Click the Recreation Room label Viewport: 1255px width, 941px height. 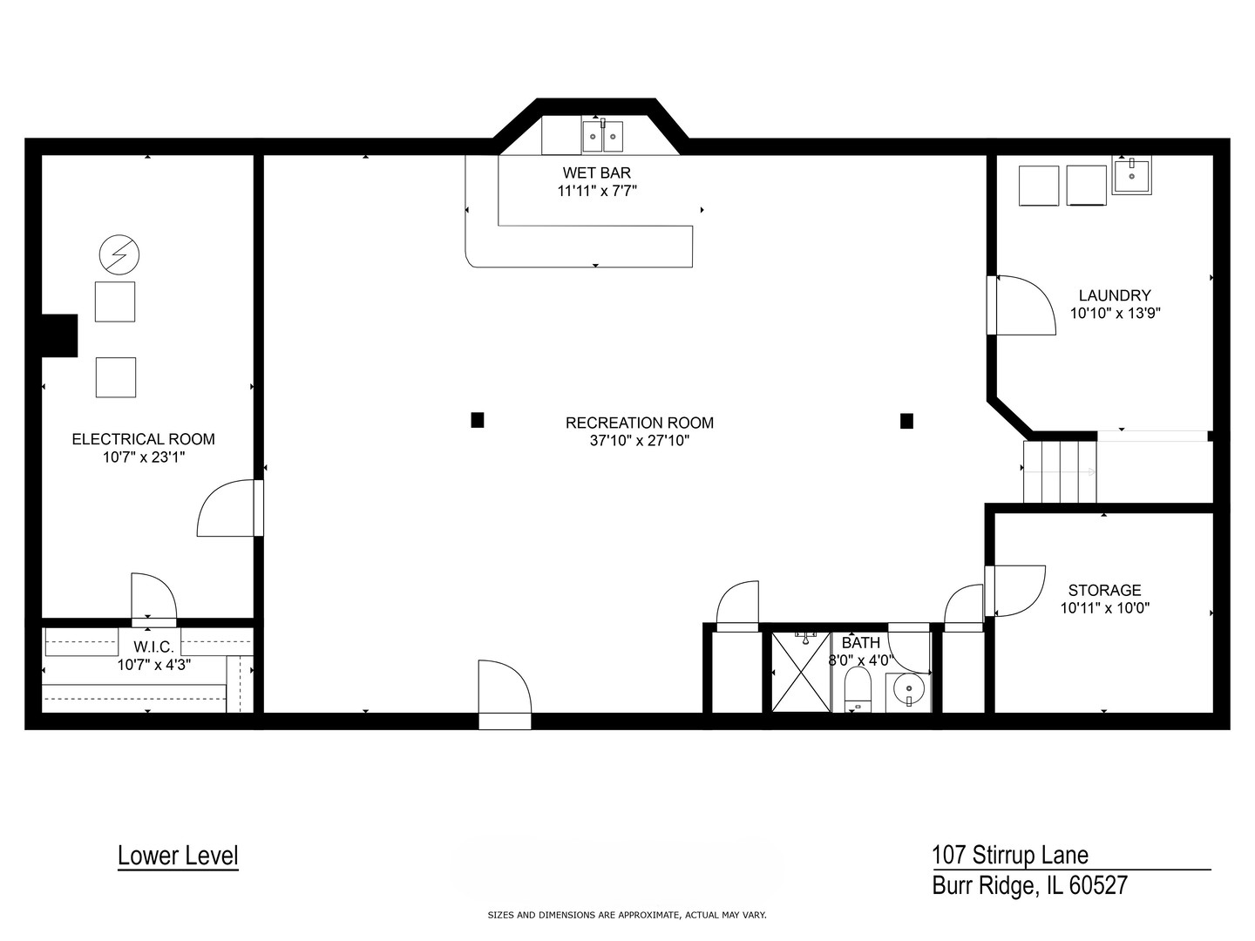pos(639,423)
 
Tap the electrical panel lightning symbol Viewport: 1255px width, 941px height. pos(119,254)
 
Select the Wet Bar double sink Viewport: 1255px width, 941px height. pos(603,136)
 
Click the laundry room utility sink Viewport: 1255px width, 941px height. pos(1131,176)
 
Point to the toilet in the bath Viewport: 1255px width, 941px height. pos(858,691)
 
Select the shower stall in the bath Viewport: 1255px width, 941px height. pos(801,672)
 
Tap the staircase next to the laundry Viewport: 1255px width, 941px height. pos(1060,471)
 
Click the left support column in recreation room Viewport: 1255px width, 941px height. pos(478,420)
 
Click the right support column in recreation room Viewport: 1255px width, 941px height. pos(906,421)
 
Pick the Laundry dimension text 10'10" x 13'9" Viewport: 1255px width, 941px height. pos(1115,313)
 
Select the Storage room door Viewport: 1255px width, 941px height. pos(1015,591)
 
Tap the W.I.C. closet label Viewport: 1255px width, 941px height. pos(153,647)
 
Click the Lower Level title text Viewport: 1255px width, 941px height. pos(178,856)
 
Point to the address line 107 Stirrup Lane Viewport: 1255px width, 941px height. pos(1009,855)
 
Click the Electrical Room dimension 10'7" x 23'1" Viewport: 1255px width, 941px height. pos(143,456)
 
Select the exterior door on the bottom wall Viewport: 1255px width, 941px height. pos(505,695)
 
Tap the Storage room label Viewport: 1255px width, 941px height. pos(1104,590)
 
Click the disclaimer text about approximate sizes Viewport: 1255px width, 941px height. pos(627,915)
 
